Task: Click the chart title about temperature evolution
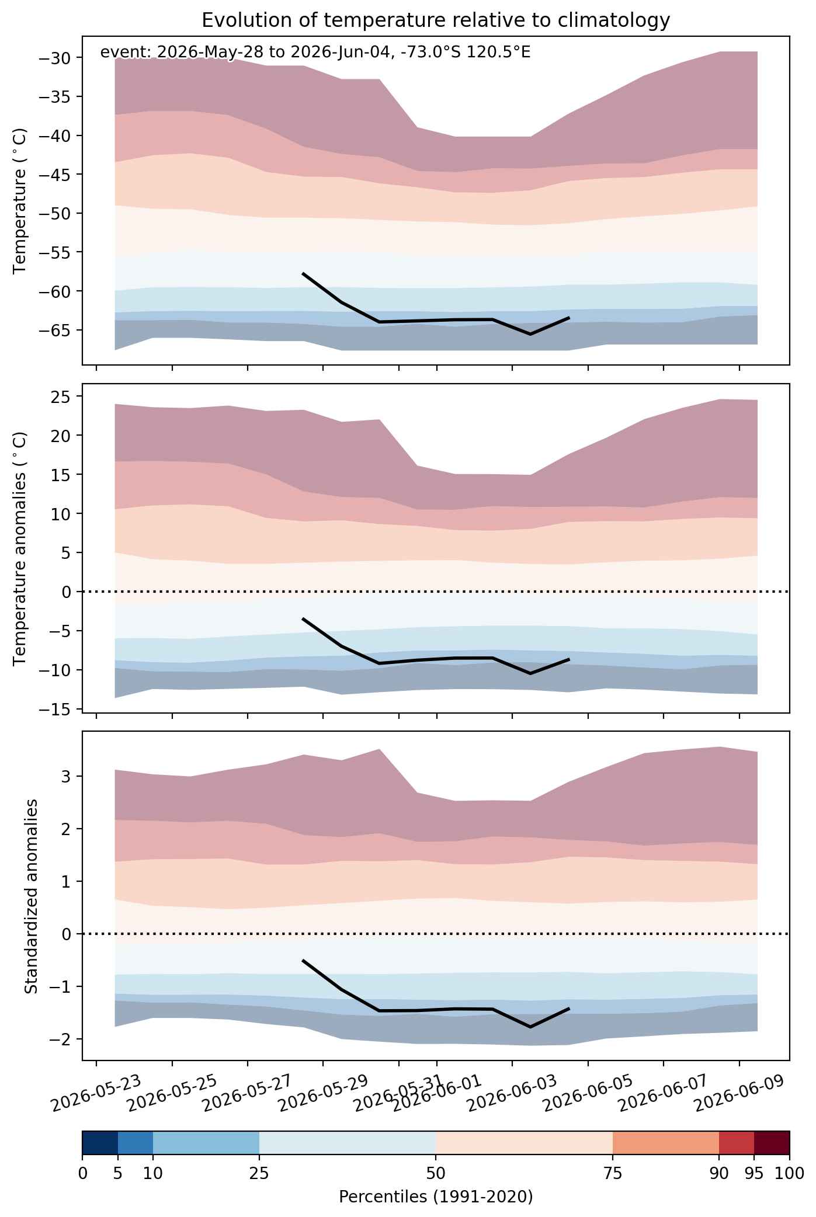(x=435, y=20)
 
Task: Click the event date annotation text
(x=315, y=53)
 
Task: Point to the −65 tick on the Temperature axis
(x=55, y=331)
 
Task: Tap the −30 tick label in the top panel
(x=55, y=58)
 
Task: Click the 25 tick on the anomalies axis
(x=61, y=397)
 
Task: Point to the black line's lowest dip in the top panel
(x=530, y=334)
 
